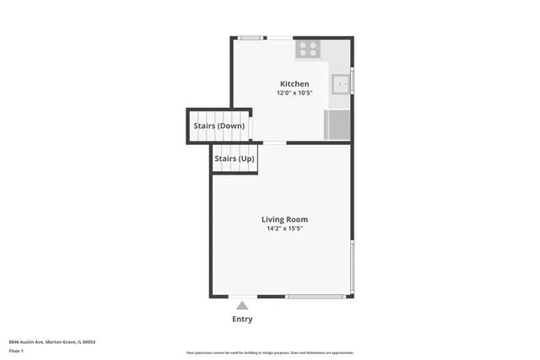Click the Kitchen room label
tap(294, 83)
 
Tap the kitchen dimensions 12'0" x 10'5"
tap(294, 93)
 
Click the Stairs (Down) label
tap(219, 126)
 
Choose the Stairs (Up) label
tap(234, 159)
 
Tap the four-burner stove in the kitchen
tap(306, 49)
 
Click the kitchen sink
tap(340, 83)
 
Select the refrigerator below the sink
tap(338, 126)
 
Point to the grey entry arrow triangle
tap(243, 305)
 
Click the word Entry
tap(242, 320)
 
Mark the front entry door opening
tap(243, 296)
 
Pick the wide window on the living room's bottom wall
tap(315, 296)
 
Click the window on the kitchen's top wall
tap(250, 37)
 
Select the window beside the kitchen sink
tap(352, 82)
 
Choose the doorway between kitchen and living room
tap(274, 142)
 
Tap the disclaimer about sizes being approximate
tap(269, 352)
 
